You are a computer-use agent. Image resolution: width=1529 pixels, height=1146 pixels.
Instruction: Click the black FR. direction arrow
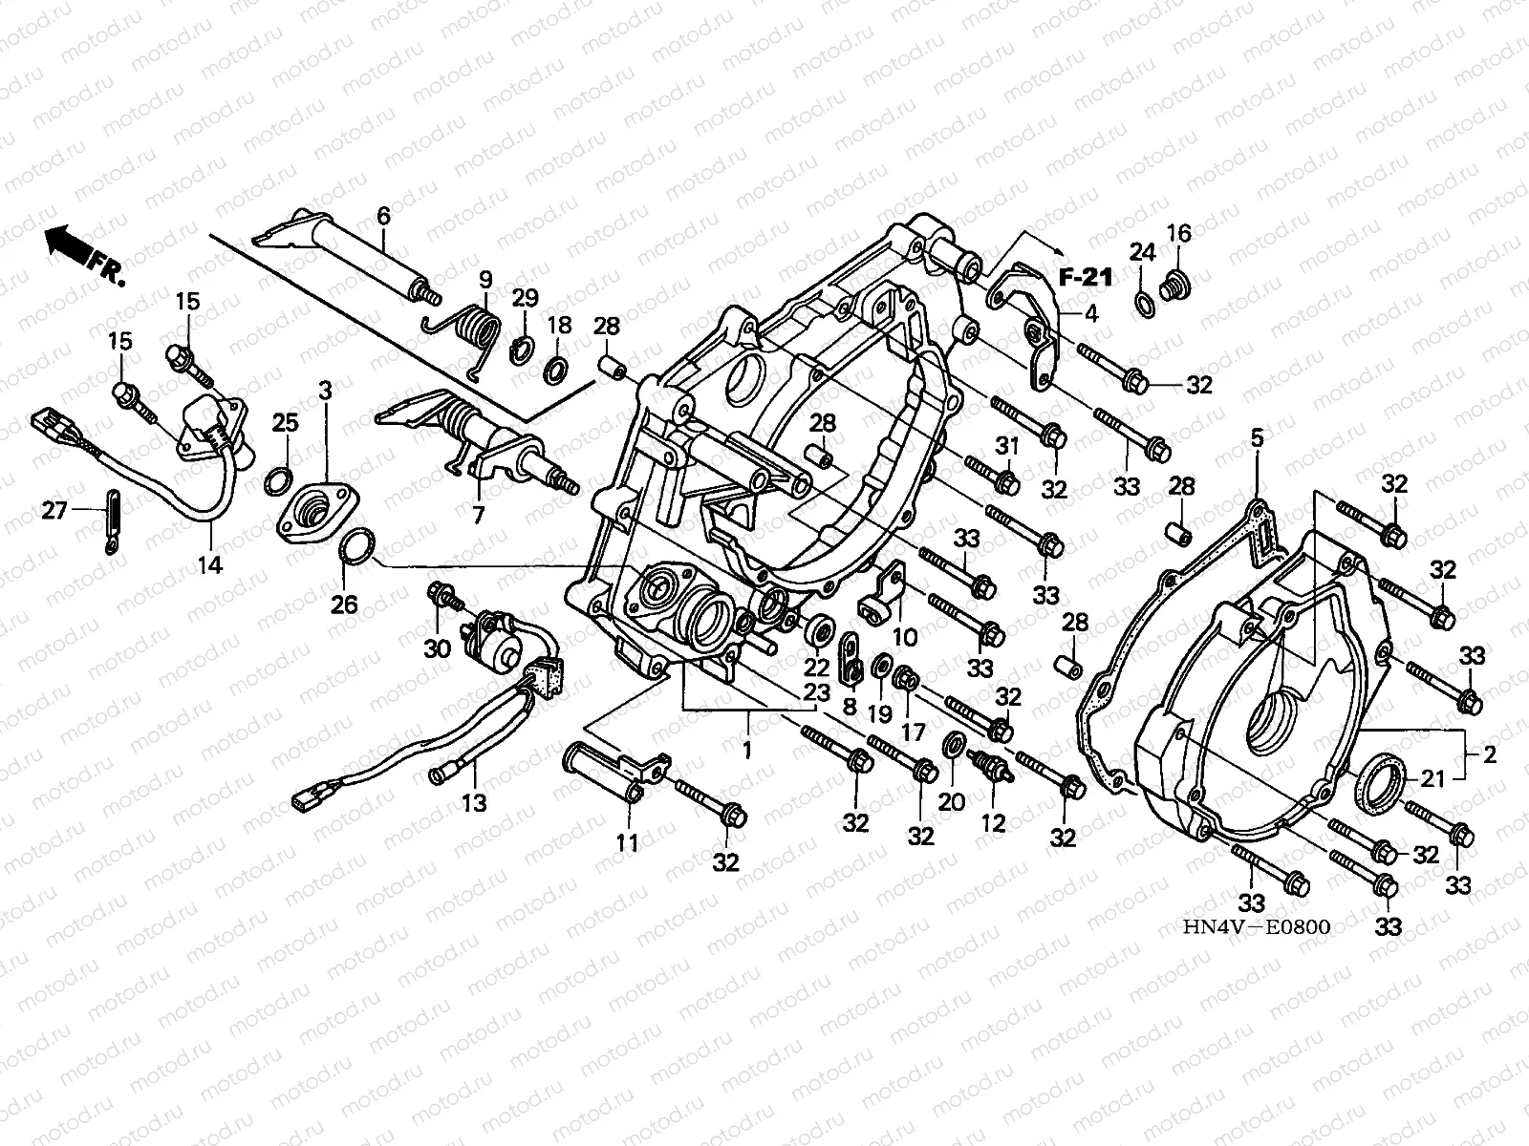tap(67, 244)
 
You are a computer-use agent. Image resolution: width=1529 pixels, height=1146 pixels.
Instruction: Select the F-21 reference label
tap(1086, 278)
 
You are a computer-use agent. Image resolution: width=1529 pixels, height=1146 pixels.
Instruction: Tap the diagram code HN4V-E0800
tap(1256, 926)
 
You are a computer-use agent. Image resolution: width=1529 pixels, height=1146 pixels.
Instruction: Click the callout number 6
tap(383, 216)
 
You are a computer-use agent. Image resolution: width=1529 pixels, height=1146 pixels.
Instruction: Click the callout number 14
tap(209, 565)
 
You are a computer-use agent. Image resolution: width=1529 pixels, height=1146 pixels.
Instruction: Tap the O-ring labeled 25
tap(278, 481)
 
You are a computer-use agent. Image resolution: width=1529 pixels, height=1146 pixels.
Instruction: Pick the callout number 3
tap(325, 391)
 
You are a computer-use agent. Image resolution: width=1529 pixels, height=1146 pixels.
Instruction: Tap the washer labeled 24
tap(1143, 304)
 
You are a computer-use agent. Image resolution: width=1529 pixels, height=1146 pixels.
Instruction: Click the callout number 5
tap(1257, 438)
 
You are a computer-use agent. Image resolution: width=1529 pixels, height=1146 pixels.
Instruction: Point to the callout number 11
tap(627, 842)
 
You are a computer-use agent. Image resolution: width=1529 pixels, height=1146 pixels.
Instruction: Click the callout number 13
tap(474, 803)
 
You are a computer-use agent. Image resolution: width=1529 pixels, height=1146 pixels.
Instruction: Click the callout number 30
tap(438, 648)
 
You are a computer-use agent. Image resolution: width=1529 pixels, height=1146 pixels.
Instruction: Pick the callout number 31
tap(1007, 445)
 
